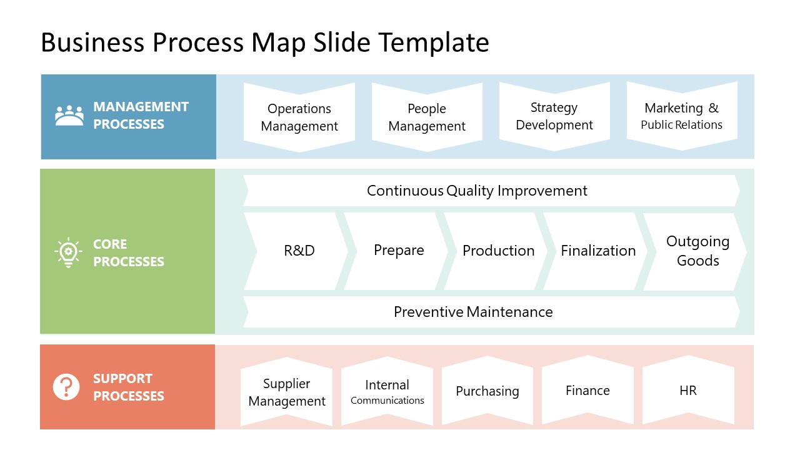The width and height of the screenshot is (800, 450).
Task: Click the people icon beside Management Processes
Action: click(69, 116)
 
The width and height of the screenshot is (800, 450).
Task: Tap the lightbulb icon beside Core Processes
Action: click(68, 252)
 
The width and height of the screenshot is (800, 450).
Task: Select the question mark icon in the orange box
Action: click(66, 387)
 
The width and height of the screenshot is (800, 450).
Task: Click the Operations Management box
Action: click(299, 117)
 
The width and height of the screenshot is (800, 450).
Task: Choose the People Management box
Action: click(427, 117)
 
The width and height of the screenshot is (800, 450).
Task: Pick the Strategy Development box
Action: click(554, 117)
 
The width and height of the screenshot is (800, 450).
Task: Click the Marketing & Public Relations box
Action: click(682, 116)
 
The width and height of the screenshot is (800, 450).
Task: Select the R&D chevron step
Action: click(299, 251)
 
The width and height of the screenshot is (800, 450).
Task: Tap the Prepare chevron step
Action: click(399, 251)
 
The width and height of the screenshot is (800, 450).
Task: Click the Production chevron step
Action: click(498, 251)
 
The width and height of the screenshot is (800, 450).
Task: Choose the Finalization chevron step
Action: click(598, 251)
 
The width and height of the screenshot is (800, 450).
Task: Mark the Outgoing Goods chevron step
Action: click(697, 251)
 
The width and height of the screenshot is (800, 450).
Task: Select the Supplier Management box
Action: click(287, 392)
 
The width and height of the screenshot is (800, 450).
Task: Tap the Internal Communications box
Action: click(387, 392)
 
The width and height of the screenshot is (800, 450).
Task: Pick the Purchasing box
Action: click(487, 391)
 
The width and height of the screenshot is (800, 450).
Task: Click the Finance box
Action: click(587, 391)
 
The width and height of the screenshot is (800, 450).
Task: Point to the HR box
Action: click(688, 391)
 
